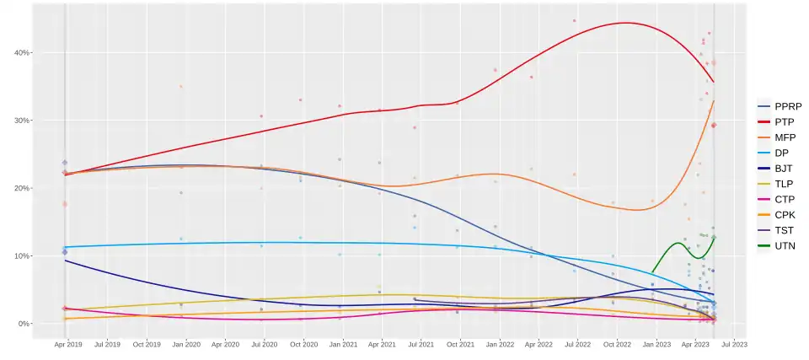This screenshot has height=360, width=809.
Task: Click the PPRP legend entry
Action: coord(781,106)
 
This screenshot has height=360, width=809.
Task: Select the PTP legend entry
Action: coord(781,122)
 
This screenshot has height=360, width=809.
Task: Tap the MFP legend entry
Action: coord(781,137)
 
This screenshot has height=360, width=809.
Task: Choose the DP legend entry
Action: coord(781,153)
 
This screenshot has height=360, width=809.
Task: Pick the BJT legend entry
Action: coord(781,169)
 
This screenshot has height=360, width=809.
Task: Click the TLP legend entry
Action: coord(781,184)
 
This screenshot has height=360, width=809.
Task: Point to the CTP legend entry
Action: coord(781,199)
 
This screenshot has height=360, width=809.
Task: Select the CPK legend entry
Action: coord(781,215)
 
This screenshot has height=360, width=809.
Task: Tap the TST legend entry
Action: coord(781,230)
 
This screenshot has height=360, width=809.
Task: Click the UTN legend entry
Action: coord(781,245)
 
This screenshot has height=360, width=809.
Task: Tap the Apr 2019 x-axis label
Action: coord(68,345)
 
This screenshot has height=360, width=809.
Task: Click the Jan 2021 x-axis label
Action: coord(343,345)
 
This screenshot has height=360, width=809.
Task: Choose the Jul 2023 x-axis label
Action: coord(733,345)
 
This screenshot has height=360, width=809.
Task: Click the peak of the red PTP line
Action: coord(624,23)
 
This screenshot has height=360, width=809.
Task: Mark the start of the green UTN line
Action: coord(652,272)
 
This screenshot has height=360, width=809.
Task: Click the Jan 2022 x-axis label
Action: coord(500,345)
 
